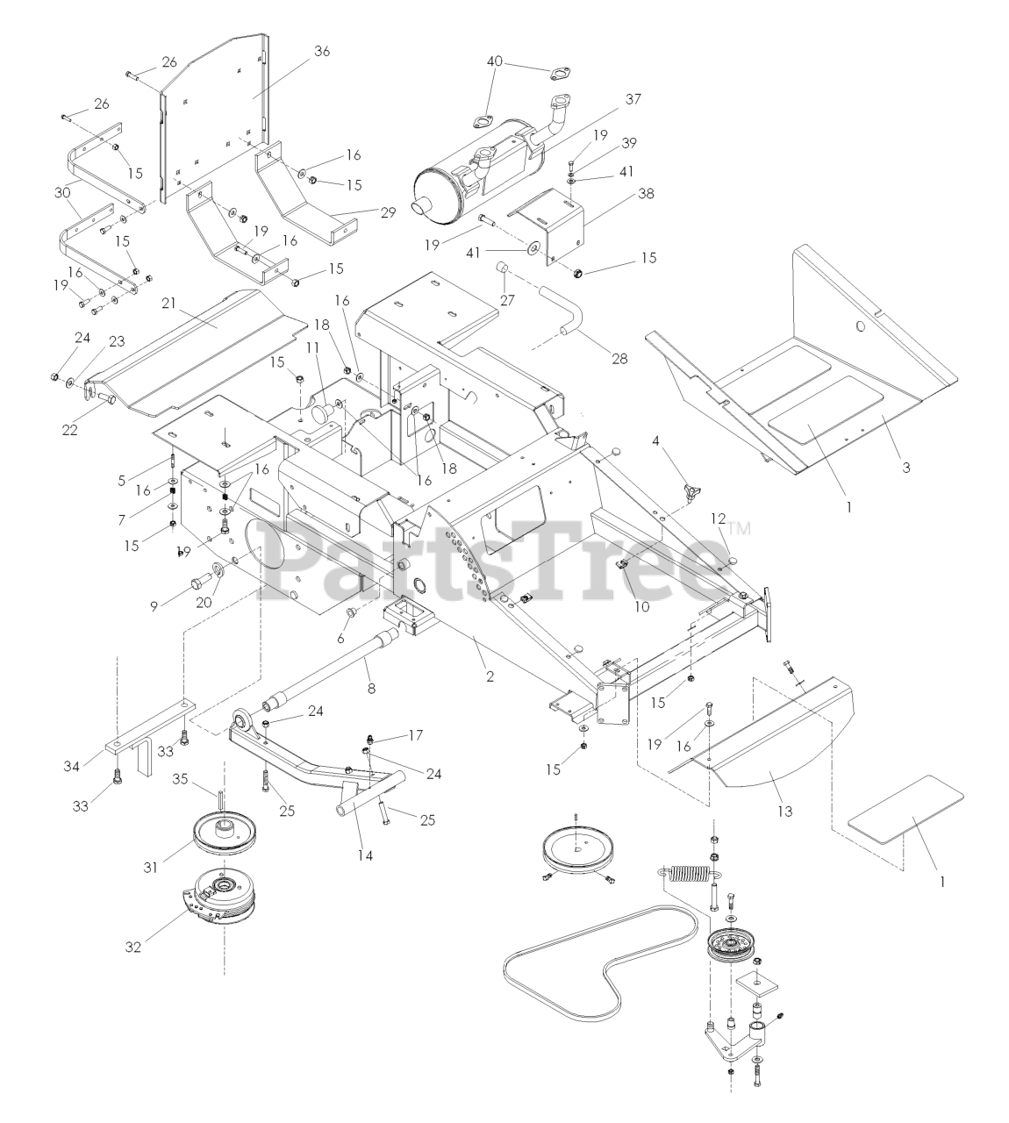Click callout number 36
coord(321,51)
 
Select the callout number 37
coord(633,100)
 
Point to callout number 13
coord(784,812)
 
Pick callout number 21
coord(169,301)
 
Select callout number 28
coord(619,359)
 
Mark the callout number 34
coord(72,766)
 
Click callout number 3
coord(905,468)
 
